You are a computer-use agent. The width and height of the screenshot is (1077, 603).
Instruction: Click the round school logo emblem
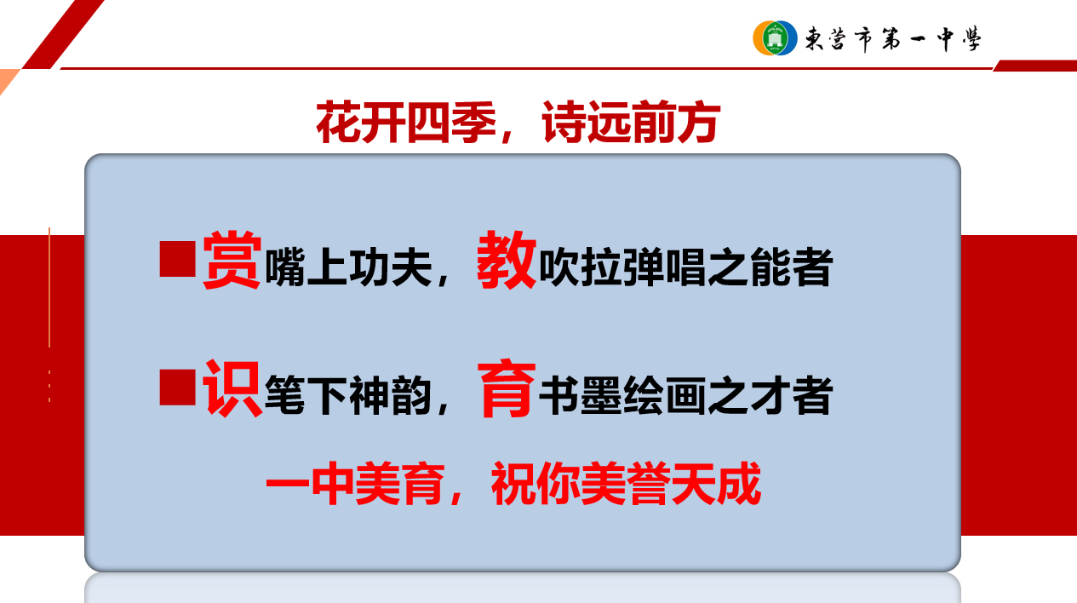(775, 38)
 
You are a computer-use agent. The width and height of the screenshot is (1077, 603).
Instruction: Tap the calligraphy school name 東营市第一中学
(893, 39)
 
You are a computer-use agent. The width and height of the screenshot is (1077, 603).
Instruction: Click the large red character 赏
(232, 260)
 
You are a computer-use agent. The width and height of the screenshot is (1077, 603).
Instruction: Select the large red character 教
(507, 260)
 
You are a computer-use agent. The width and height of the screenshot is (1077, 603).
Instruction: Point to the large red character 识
(232, 388)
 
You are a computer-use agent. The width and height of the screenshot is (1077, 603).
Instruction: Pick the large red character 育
(507, 388)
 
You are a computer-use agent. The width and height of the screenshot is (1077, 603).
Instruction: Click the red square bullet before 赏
(177, 259)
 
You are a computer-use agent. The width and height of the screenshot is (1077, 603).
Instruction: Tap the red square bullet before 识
(177, 387)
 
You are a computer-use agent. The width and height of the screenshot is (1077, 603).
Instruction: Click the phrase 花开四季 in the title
(406, 122)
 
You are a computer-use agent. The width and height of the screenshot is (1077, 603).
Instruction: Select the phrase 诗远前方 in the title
(631, 122)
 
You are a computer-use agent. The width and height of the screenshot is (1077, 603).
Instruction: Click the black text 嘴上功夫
(348, 267)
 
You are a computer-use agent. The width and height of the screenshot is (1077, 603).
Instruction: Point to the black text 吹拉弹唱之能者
(685, 267)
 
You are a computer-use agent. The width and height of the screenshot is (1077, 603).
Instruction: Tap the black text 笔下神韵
(348, 396)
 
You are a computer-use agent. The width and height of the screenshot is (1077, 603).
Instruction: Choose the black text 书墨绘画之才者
(685, 396)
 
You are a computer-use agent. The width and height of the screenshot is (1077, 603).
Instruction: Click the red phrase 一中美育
(354, 483)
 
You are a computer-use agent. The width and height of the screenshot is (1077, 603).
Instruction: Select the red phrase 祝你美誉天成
(626, 483)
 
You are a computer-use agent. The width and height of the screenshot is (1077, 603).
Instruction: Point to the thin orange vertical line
(49, 287)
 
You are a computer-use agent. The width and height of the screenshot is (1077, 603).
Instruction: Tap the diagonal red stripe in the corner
(63, 34)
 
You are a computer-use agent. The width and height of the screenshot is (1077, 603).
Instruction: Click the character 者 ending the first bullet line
(812, 267)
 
